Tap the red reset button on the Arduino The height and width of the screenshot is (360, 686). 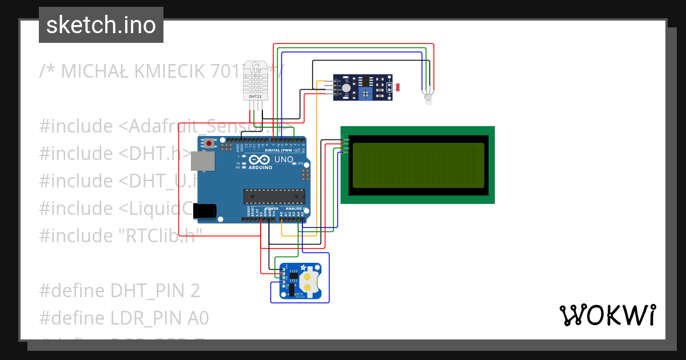(x=210, y=143)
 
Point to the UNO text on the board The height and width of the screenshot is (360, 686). (x=284, y=159)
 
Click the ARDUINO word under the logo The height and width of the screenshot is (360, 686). (x=260, y=168)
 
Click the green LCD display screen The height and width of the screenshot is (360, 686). (x=418, y=165)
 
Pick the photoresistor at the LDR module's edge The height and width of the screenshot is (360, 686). (x=397, y=87)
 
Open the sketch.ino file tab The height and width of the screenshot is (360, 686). (x=101, y=25)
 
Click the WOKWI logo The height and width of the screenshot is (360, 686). (x=607, y=315)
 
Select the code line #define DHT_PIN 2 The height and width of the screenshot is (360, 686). (x=119, y=291)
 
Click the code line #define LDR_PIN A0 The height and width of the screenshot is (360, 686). (x=124, y=318)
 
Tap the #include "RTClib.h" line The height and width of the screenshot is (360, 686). (x=117, y=235)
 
